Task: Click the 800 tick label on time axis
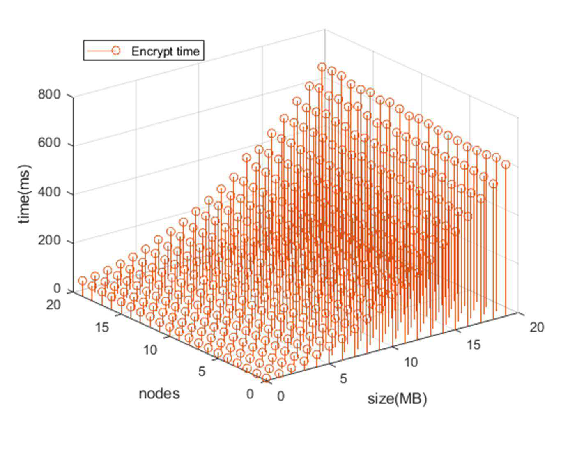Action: pyautogui.click(x=49, y=95)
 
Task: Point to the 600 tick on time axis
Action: pyautogui.click(x=49, y=143)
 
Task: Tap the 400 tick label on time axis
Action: pyautogui.click(x=49, y=192)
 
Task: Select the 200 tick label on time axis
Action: pyautogui.click(x=49, y=241)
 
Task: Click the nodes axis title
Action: pyautogui.click(x=159, y=394)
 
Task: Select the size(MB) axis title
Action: pyautogui.click(x=397, y=399)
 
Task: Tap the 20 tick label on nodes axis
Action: pyautogui.click(x=53, y=305)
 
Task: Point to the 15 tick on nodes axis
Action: pyautogui.click(x=102, y=328)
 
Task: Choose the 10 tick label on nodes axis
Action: pyautogui.click(x=150, y=350)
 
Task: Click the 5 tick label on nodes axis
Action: pyautogui.click(x=202, y=372)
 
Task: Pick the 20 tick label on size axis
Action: pyautogui.click(x=537, y=328)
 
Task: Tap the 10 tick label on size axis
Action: pyautogui.click(x=411, y=362)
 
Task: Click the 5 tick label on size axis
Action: pyautogui.click(x=343, y=379)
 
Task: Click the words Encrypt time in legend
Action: pyautogui.click(x=166, y=51)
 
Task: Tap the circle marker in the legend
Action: pyautogui.click(x=116, y=51)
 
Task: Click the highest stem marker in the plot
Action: pyautogui.click(x=322, y=67)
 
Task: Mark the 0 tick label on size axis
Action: pyautogui.click(x=281, y=396)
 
